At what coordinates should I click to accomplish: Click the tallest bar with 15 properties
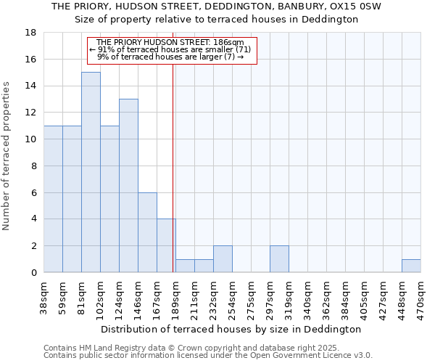91,172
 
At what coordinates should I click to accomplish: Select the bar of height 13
128,185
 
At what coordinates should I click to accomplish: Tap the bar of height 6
147,232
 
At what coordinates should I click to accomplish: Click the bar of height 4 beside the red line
166,245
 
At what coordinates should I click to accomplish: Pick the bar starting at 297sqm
279,259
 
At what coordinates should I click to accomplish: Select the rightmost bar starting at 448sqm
411,266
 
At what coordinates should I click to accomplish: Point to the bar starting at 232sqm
223,259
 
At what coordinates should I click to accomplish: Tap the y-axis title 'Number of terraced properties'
7,156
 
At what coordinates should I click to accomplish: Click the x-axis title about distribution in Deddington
231,329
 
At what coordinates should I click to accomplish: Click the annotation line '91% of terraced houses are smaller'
172,49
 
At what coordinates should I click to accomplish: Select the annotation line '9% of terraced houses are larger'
172,57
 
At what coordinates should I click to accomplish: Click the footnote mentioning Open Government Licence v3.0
208,356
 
